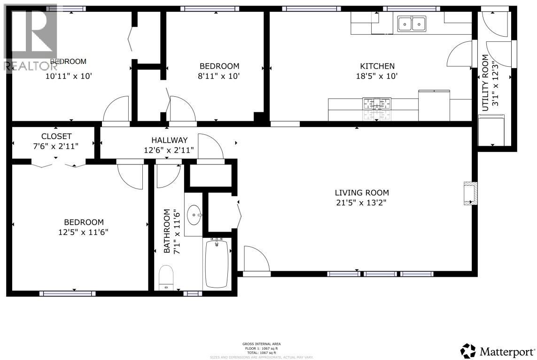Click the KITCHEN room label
coord(377,66)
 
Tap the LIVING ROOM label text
coord(362,193)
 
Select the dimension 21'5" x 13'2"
coord(362,203)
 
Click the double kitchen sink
coord(412,23)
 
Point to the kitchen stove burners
coord(376,104)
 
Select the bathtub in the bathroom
coord(217,263)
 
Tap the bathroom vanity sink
coord(194,216)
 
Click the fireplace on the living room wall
coord(469,193)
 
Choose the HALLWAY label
coord(169,140)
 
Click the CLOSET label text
coord(56,136)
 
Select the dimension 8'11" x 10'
coord(219,76)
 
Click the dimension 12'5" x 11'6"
coord(84,232)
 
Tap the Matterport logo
coord(498,351)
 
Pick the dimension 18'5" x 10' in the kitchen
coord(377,76)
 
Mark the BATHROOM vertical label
coord(166,232)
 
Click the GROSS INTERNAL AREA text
coord(262,344)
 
